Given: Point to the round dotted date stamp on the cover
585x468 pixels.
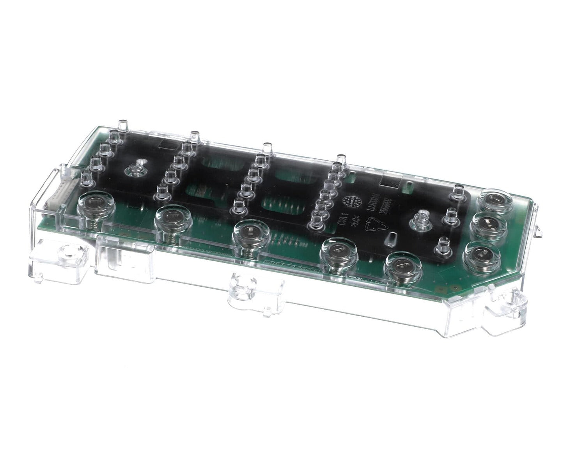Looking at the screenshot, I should point(349,202).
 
